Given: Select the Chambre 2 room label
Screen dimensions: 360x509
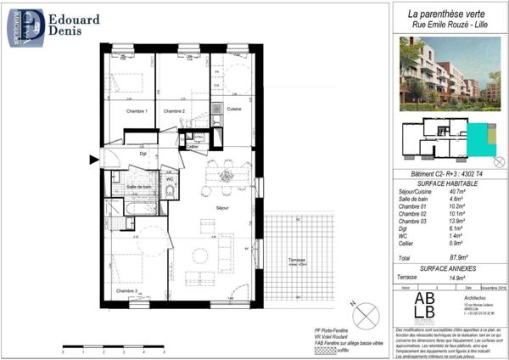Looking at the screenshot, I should tap(175, 111).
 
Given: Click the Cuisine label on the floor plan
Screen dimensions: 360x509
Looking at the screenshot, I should tap(235, 110).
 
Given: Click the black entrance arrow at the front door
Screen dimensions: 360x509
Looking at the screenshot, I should tap(93, 159).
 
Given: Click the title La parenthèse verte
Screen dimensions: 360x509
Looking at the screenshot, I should tap(448, 14).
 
